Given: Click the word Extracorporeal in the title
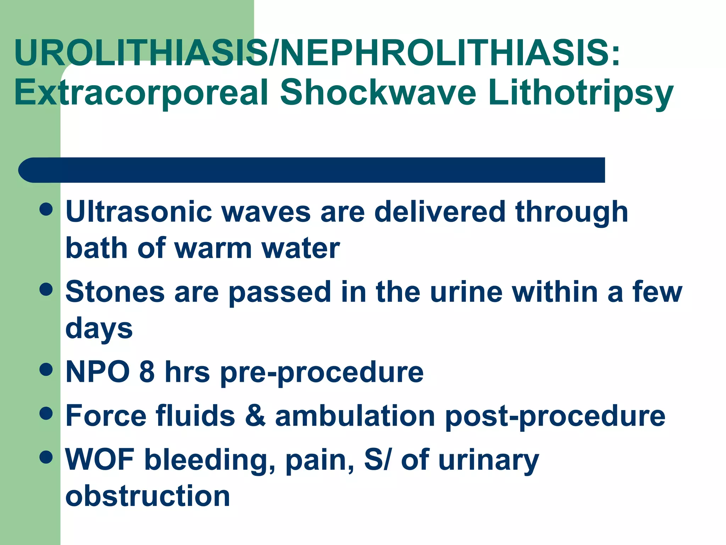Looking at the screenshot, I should tap(141, 93).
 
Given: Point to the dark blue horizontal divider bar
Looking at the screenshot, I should tap(311, 170).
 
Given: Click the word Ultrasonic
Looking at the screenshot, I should tap(139, 212).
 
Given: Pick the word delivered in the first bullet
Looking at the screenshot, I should tap(440, 212).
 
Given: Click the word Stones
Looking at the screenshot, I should tap(115, 292).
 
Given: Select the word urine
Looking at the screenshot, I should tap(466, 292).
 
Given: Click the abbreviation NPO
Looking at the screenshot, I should tap(97, 372).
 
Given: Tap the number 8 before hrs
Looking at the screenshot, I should tap(147, 372).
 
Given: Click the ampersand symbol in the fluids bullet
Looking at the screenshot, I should tap(255, 416).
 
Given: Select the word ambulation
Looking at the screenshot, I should tap(355, 416).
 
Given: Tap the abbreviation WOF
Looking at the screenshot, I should tap(100, 459).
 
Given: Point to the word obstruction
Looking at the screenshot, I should tap(147, 496).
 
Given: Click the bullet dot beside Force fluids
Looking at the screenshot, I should tap(46, 413).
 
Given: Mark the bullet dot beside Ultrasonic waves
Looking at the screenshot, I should tap(46, 209).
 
